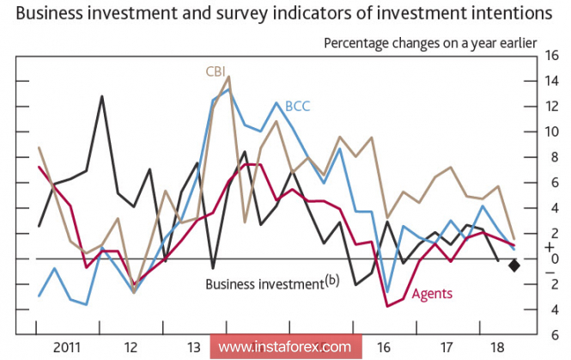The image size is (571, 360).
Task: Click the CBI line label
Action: pos(216,71)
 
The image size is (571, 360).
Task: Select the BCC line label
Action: pos(297,107)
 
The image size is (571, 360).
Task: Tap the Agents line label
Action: pos(432,294)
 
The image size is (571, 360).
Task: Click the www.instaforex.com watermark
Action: pos(284,347)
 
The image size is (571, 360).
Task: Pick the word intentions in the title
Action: pos(511,15)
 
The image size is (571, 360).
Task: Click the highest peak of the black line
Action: pos(102,96)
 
